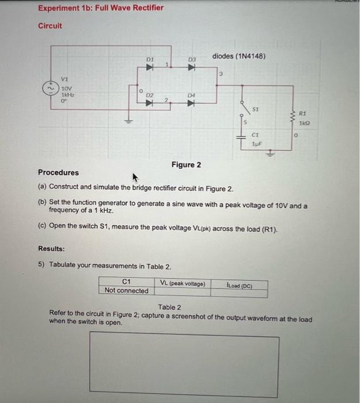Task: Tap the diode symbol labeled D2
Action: tap(149, 104)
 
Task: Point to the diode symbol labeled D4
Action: tap(192, 104)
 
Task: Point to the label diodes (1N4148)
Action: tap(238, 56)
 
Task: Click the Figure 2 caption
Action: tap(186, 165)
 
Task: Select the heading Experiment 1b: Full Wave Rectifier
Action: tap(101, 8)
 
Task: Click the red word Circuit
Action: tap(50, 26)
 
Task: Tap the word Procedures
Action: tap(58, 172)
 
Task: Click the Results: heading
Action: tap(51, 249)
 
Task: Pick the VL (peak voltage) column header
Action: tap(183, 284)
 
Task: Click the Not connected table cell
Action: tap(126, 291)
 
